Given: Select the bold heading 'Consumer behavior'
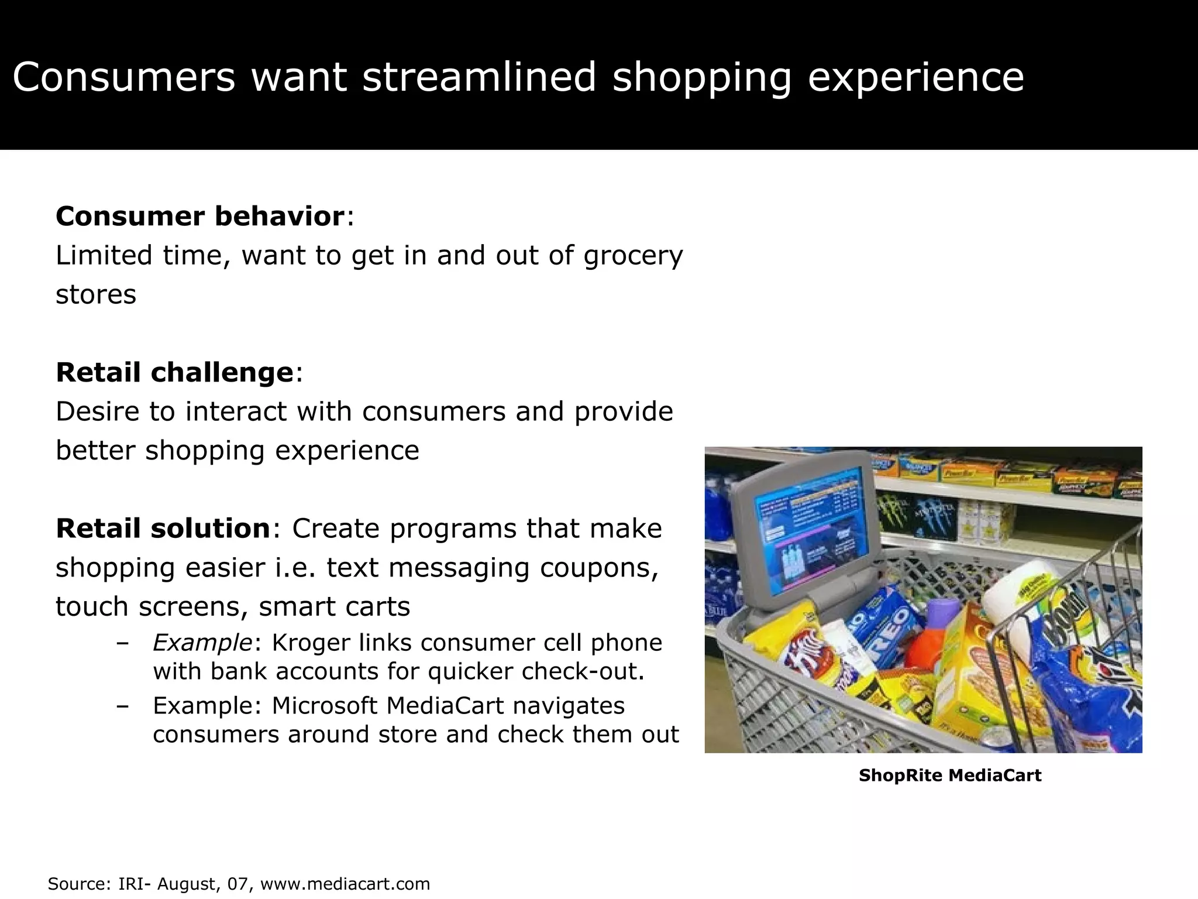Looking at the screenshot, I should [x=200, y=217].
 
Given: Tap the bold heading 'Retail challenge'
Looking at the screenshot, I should [x=174, y=373].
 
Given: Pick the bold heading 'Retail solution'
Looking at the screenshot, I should [x=163, y=529].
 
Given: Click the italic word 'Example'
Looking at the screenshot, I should [x=202, y=643].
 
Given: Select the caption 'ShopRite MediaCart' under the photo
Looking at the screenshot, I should [x=949, y=776].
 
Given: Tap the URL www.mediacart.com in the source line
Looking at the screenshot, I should [x=345, y=884].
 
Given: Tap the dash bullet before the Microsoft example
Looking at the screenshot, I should [x=122, y=706].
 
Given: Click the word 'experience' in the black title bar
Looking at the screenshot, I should [x=915, y=77].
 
